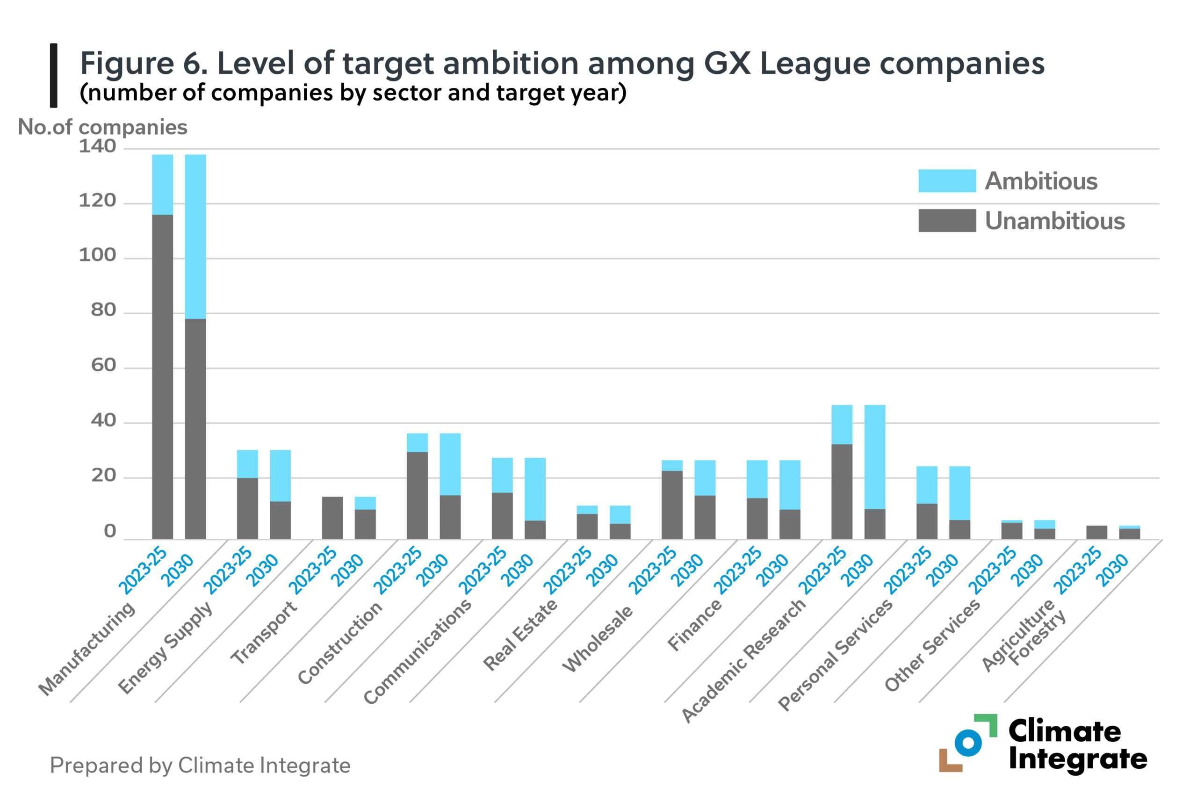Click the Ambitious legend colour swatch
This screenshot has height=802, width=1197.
pyautogui.click(x=946, y=181)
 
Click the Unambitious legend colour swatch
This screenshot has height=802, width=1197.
pyautogui.click(x=946, y=220)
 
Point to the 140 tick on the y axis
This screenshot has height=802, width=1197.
pyautogui.click(x=98, y=147)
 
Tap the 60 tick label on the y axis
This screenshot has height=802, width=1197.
pyautogui.click(x=103, y=365)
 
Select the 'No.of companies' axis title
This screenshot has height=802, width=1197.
pyautogui.click(x=102, y=127)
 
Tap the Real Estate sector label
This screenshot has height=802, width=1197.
pyautogui.click(x=520, y=634)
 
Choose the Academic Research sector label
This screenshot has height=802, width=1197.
pyautogui.click(x=744, y=660)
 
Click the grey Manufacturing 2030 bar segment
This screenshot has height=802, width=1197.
pyautogui.click(x=195, y=429)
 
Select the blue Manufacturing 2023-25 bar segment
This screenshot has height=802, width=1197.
pyautogui.click(x=163, y=185)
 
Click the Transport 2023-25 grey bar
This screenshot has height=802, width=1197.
pyautogui.click(x=332, y=518)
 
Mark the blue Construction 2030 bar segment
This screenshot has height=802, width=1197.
pyautogui.click(x=450, y=464)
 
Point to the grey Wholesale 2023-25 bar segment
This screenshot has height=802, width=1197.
pyautogui.click(x=672, y=504)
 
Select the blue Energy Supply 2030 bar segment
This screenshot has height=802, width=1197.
pyautogui.click(x=280, y=476)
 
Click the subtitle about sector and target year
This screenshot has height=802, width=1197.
pyautogui.click(x=353, y=93)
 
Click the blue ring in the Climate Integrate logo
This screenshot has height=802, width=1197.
pyautogui.click(x=968, y=743)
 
